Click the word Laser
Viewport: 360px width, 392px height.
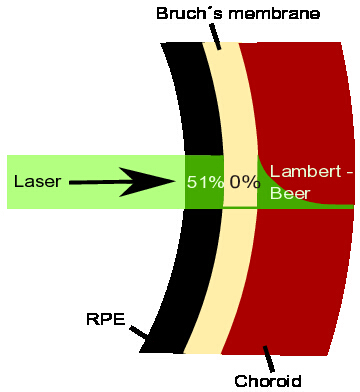[38, 182]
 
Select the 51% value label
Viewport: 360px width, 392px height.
[205, 182]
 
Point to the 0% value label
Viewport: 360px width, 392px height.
[245, 182]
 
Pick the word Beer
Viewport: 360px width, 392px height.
[290, 193]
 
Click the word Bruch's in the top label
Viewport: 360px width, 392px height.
[189, 14]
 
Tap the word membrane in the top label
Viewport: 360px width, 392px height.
[274, 14]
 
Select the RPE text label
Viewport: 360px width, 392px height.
[106, 319]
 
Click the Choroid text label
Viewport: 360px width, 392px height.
[268, 381]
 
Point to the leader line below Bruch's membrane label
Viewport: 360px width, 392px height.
[215, 37]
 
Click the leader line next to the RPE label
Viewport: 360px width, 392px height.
[139, 332]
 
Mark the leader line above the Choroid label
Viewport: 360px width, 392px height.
[269, 359]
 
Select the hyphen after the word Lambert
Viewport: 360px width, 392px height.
[349, 173]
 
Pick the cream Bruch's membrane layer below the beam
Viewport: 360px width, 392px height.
[230, 280]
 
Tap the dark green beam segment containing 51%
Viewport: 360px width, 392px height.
[204, 182]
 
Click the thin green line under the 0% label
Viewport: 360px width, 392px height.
[240, 207]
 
